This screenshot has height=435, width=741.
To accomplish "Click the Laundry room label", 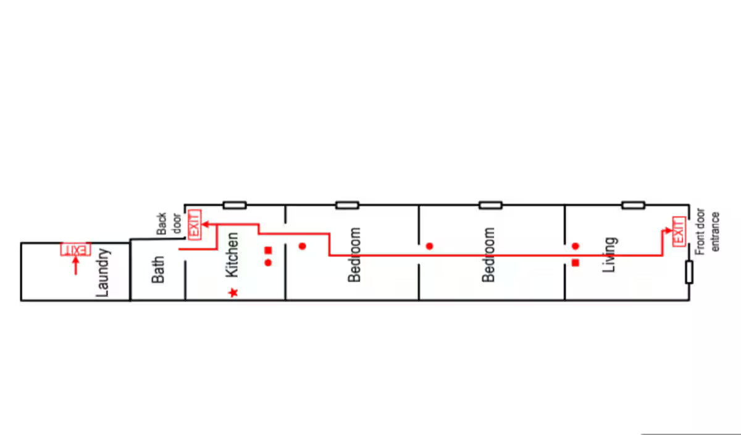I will (103, 272).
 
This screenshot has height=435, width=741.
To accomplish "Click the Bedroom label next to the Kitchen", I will (354, 255).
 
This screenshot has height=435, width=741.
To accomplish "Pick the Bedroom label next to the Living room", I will (489, 255).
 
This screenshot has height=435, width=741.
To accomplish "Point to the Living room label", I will (610, 255).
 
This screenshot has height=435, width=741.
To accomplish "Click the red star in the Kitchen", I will (233, 292).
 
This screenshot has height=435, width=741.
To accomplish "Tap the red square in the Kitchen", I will (268, 250).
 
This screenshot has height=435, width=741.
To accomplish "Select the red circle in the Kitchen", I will (268, 263).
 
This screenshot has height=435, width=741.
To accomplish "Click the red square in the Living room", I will (576, 263).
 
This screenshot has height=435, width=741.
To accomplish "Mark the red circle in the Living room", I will (576, 246).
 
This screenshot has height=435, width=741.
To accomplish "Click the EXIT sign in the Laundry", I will (75, 250).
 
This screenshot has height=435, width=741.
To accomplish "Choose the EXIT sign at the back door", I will (194, 223).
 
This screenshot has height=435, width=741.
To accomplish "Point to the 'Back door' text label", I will (166, 224).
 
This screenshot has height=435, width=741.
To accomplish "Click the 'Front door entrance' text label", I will (708, 232).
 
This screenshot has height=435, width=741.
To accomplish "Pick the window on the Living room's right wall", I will (689, 272).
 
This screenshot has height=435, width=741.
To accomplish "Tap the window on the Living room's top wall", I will (633, 205).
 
